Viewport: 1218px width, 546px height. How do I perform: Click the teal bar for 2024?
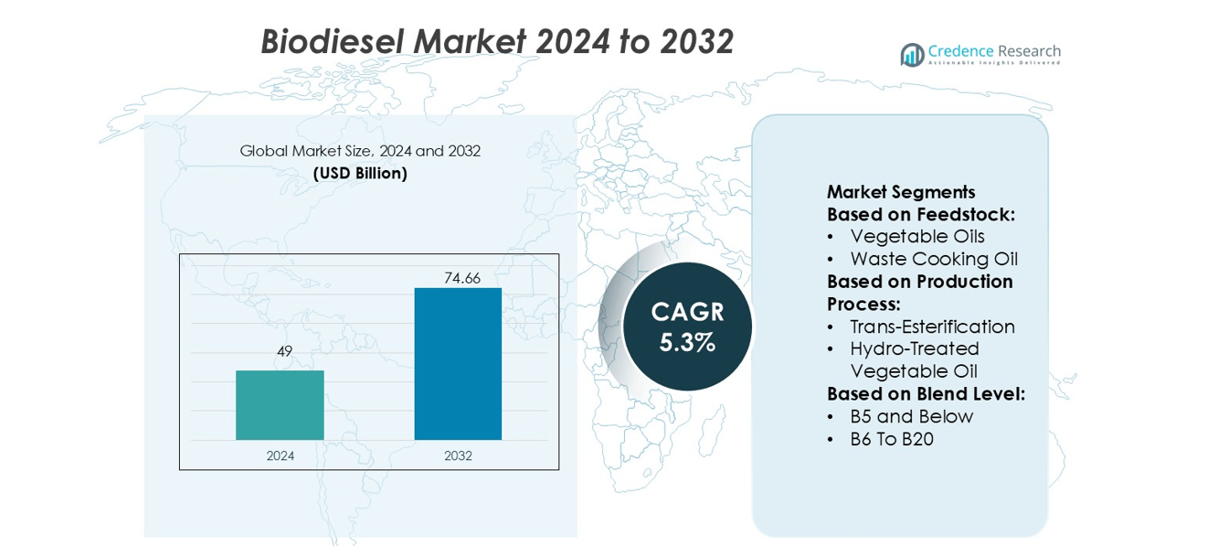pos(280,405)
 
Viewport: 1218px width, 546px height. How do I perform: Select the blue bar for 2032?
pos(458,364)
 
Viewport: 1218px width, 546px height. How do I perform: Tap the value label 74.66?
pos(462,278)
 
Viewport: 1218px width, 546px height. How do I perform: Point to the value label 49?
pos(283,351)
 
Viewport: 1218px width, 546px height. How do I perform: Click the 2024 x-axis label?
pos(281,455)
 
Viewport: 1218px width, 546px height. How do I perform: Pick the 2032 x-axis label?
pos(458,455)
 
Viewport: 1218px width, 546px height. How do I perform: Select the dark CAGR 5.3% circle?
pos(687,327)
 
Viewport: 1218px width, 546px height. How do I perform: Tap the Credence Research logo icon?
pos(912,55)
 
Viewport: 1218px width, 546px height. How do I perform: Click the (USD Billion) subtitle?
pos(360,173)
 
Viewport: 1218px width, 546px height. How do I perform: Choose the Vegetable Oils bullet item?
pos(917,237)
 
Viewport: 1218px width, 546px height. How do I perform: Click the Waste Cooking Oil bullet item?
pos(934,259)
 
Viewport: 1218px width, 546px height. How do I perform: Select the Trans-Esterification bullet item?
pos(932,327)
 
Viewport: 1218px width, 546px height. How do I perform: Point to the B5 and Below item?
pos(911,416)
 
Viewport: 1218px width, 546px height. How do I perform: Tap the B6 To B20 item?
pos(891,439)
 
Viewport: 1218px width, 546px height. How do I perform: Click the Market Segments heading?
pos(901,192)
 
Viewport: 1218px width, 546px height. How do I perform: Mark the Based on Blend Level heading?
pos(926,394)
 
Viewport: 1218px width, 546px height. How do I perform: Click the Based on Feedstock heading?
pos(921,214)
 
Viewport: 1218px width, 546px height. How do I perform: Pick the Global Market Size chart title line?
pos(360,151)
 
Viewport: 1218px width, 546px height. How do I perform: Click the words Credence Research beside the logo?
pos(994,51)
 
